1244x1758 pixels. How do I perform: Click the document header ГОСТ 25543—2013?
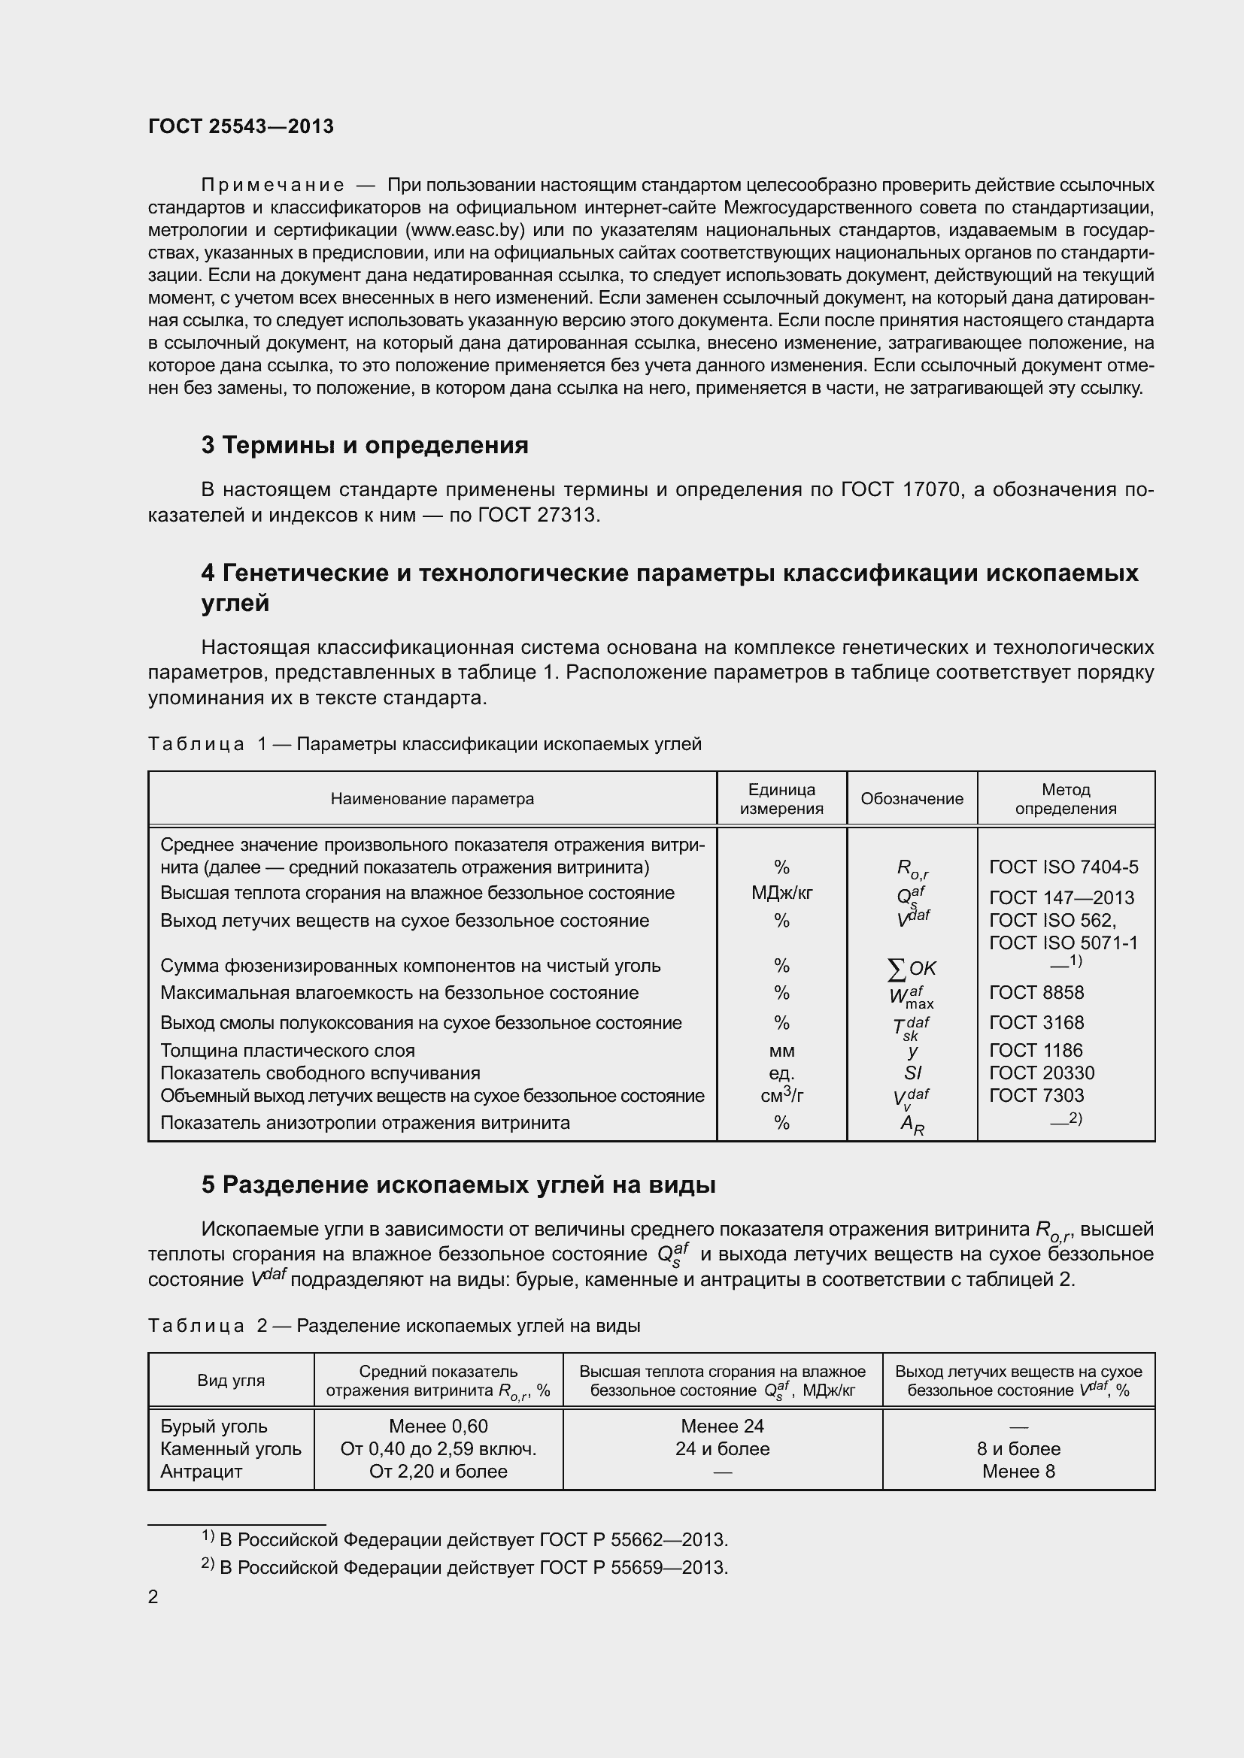241,126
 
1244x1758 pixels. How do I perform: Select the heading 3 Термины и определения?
365,445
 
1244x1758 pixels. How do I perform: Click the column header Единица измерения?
781,799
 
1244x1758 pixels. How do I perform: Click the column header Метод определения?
1066,799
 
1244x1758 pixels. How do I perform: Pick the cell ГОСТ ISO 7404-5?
1063,867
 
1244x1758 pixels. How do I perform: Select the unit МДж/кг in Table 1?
781,893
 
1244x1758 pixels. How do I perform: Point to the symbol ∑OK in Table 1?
912,969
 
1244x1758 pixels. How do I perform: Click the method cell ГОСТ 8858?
1036,992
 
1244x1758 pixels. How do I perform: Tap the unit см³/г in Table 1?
781,1095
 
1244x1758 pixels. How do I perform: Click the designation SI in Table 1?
912,1073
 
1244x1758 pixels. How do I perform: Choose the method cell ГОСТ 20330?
1042,1073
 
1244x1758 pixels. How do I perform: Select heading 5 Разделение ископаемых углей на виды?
458,1185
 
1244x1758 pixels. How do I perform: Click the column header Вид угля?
231,1380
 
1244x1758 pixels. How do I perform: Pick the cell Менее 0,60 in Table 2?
438,1426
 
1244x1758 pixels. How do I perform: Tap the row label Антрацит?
201,1471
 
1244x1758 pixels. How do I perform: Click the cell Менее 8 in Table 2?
1018,1471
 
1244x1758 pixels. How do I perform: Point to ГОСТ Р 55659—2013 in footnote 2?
633,1567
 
